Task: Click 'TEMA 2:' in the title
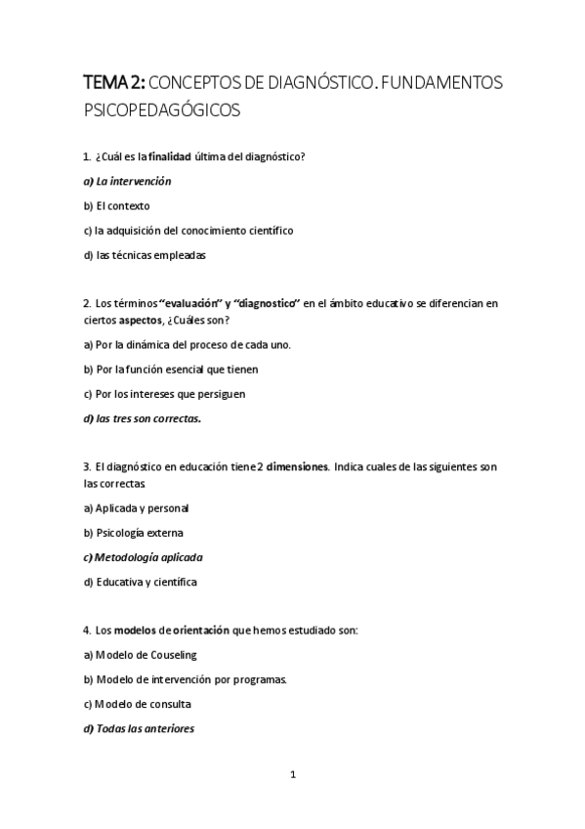click(115, 83)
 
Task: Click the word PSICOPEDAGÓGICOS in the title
click(161, 110)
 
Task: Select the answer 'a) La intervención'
click(127, 181)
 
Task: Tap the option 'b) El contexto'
click(116, 206)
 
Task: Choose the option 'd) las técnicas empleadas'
click(145, 256)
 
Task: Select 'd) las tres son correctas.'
click(142, 419)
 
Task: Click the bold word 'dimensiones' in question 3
click(297, 467)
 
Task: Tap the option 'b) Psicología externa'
click(134, 533)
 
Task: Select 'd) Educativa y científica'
click(141, 583)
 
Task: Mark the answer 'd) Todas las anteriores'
click(139, 728)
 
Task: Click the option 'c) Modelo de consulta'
click(137, 704)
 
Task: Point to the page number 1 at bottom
click(293, 775)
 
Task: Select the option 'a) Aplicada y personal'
click(136, 508)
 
